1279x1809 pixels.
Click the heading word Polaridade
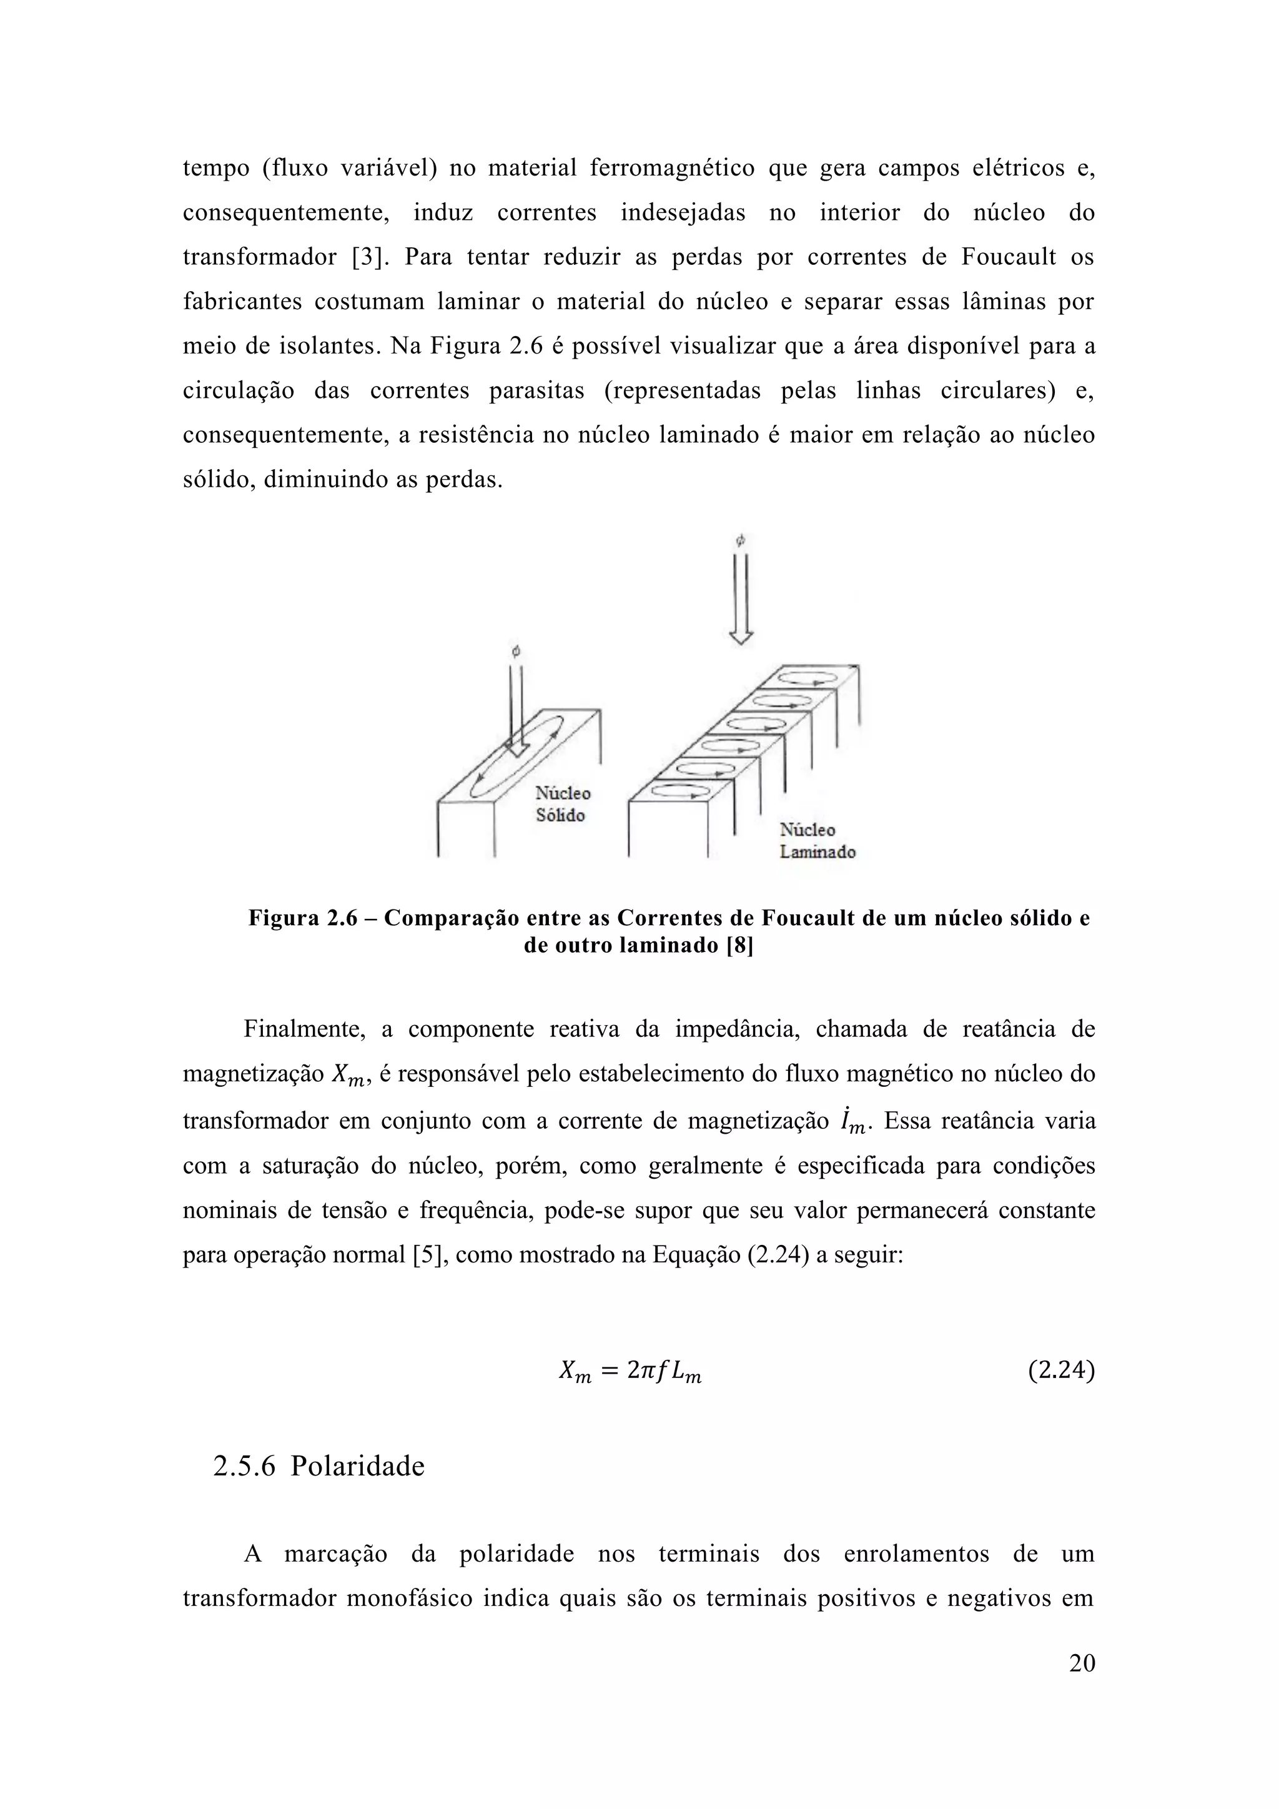(358, 1465)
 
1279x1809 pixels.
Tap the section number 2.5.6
(244, 1465)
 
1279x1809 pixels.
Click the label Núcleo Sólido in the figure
(562, 804)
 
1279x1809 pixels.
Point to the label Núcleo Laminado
(817, 841)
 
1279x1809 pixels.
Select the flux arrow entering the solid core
(516, 709)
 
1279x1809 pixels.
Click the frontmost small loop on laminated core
(679, 791)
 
